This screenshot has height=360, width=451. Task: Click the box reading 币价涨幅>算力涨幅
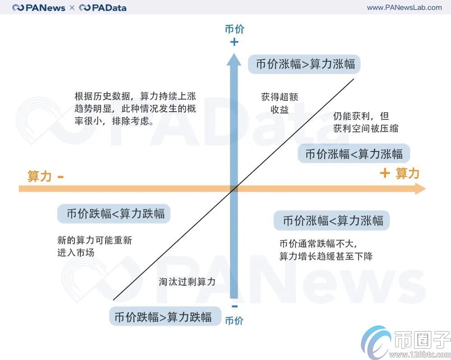[305, 64]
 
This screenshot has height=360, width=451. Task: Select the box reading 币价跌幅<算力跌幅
[114, 213]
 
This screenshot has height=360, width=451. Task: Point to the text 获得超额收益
[280, 103]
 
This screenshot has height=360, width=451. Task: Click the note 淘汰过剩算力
[187, 282]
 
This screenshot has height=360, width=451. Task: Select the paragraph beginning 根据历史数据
[135, 109]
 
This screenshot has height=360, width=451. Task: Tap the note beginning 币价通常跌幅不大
[326, 250]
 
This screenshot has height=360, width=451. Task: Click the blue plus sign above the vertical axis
[234, 42]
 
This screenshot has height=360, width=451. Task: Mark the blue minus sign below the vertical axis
[234, 307]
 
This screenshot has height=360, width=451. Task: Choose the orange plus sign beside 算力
[384, 173]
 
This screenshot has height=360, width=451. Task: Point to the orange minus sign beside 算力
[60, 177]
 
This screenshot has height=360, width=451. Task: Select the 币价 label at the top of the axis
[234, 29]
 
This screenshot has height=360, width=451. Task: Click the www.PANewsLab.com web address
[404, 7]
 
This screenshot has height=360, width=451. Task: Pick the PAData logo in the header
[103, 8]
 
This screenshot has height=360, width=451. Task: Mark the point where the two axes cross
[234, 189]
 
